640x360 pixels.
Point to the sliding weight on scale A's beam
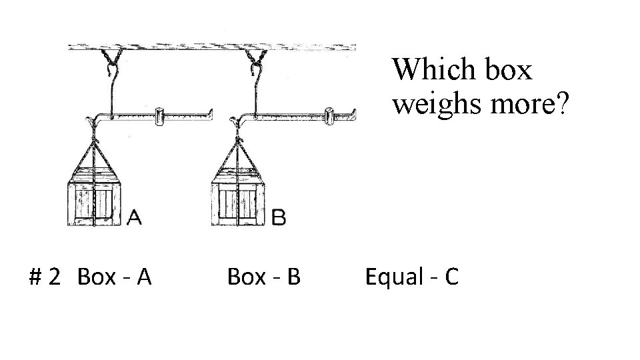[159, 116]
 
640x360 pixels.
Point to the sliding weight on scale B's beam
[330, 116]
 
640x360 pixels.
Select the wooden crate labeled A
[95, 201]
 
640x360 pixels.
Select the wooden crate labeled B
[239, 201]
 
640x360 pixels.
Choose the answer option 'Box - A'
[115, 276]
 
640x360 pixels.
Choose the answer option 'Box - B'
[263, 276]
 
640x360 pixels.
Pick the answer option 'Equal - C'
[411, 276]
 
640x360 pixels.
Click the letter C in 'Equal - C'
[451, 276]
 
